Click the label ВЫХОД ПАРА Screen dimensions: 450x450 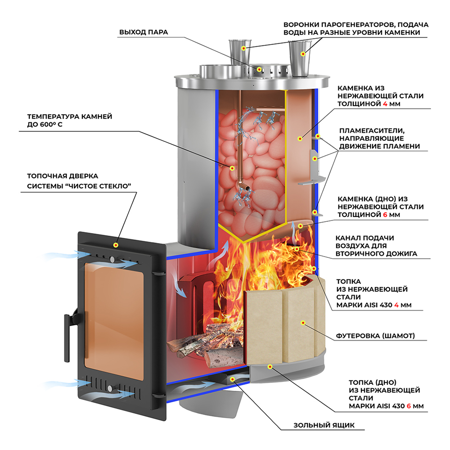pos(144,32)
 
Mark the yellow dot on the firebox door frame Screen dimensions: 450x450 pos(116,245)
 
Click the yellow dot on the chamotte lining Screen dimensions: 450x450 pos(303,322)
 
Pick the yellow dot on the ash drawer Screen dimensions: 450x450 pos(232,379)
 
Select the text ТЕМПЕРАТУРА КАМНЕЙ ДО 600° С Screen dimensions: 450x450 pos(70,120)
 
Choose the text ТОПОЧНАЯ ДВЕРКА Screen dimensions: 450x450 pos(63,176)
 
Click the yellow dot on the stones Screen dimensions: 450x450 pos(232,168)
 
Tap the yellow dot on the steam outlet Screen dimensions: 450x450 pos(260,69)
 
